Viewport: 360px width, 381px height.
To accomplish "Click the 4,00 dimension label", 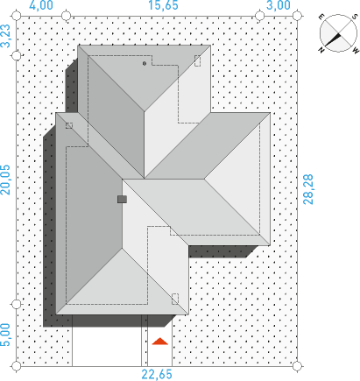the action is (41, 5).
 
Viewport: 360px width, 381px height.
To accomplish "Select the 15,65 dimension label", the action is (163, 5).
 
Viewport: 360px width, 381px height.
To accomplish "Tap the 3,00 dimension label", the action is (279, 5).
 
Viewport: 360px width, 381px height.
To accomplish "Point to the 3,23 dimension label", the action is (5, 36).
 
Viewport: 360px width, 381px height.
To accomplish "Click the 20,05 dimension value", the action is (5, 180).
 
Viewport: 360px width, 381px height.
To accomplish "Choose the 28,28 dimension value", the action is (308, 189).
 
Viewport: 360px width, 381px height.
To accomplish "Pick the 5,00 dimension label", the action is (5, 335).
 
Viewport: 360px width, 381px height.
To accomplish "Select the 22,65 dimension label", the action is (157, 375).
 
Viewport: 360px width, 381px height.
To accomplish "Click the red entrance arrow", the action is (160, 342).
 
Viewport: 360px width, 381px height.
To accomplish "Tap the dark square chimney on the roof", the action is (122, 200).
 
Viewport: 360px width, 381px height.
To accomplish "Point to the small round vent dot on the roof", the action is (145, 63).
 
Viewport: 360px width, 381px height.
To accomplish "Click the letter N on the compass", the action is (321, 50).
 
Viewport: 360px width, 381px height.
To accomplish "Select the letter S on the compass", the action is (355, 17).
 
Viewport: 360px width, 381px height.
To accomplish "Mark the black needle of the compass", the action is (332, 40).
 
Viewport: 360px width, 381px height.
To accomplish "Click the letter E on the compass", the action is (321, 17).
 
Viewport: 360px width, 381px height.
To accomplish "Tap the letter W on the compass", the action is (356, 50).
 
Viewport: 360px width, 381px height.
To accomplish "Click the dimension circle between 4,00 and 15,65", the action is (67, 16).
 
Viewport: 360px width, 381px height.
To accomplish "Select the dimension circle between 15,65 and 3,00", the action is (259, 16).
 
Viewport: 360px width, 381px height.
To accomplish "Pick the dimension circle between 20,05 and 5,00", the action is (17, 305).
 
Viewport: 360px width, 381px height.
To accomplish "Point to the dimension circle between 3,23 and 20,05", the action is (17, 55).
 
